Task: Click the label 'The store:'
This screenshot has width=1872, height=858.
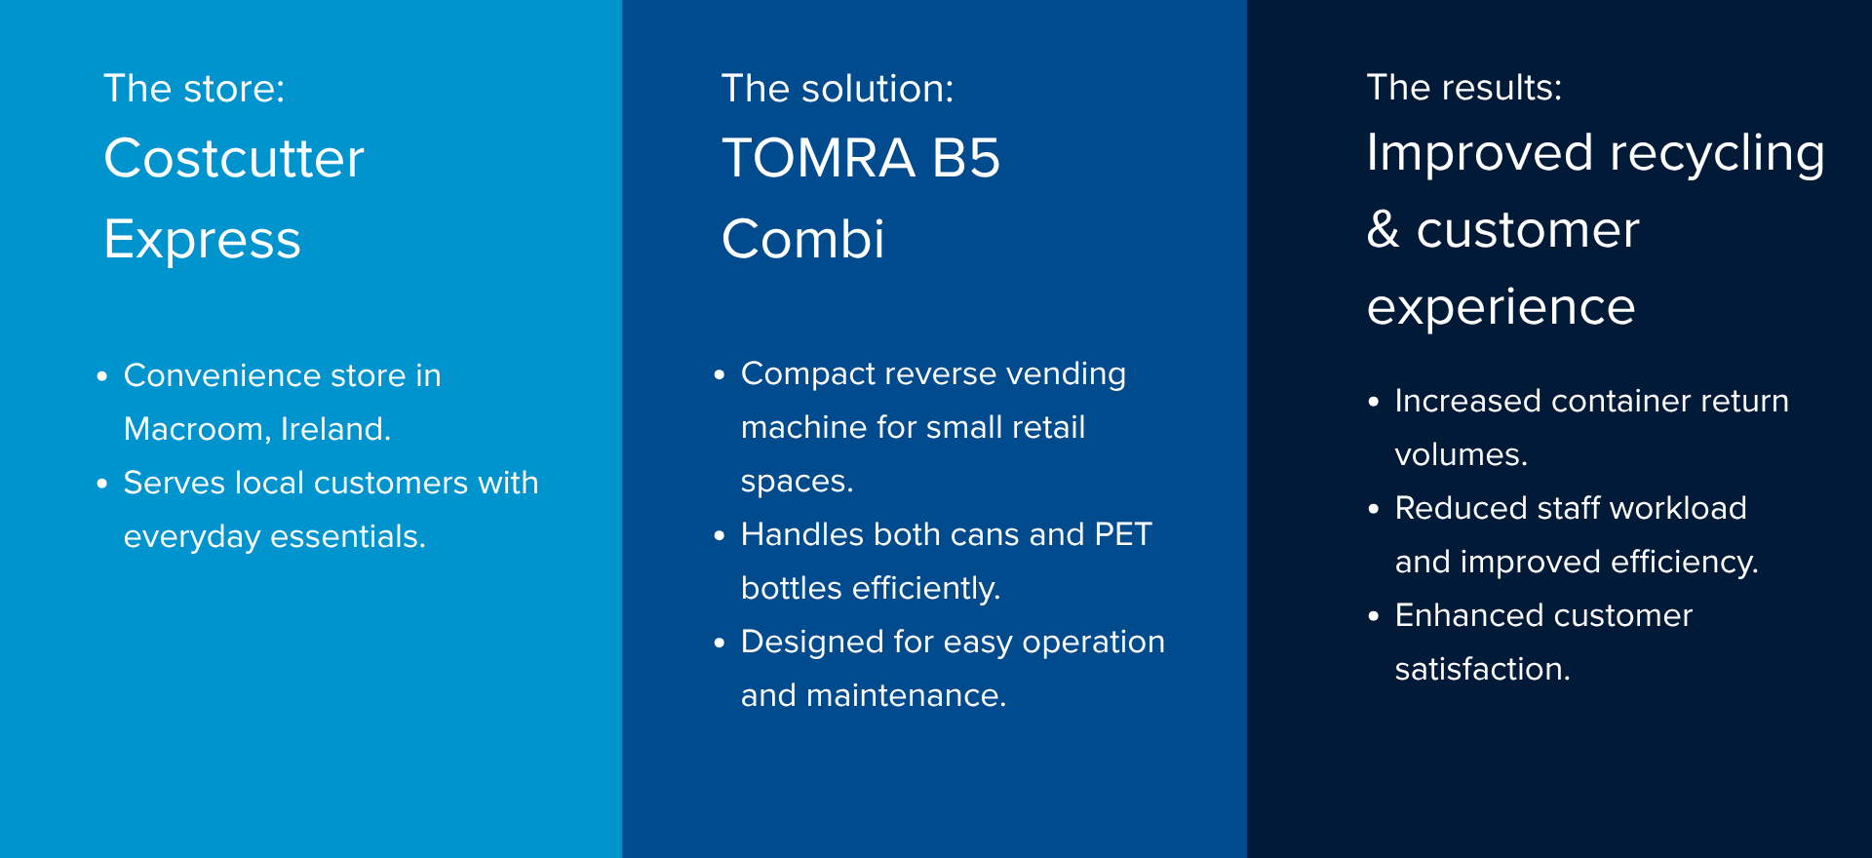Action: (x=194, y=89)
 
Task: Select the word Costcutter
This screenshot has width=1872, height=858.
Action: (x=234, y=158)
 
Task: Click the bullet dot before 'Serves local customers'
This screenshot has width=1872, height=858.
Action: (x=101, y=484)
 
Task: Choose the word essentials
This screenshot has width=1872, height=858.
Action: (x=348, y=536)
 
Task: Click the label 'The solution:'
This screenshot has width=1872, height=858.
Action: (x=838, y=89)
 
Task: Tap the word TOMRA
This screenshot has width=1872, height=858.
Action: (x=819, y=158)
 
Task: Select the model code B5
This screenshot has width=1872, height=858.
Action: (x=966, y=158)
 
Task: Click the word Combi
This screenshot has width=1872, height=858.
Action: (x=803, y=240)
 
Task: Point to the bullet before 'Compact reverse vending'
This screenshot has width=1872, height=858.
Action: (x=720, y=374)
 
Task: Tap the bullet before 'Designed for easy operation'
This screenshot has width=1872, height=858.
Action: (x=720, y=643)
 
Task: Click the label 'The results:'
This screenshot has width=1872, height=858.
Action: (x=1464, y=88)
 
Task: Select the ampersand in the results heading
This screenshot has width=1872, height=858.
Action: (x=1384, y=230)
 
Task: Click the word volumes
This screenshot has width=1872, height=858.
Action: (x=1462, y=454)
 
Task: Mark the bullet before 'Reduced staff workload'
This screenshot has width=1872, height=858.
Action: (x=1374, y=509)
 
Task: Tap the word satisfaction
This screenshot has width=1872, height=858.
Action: (x=1483, y=669)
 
